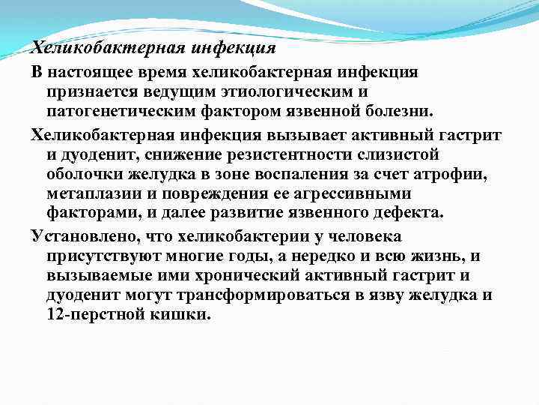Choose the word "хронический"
248,275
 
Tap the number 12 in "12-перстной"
55,315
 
